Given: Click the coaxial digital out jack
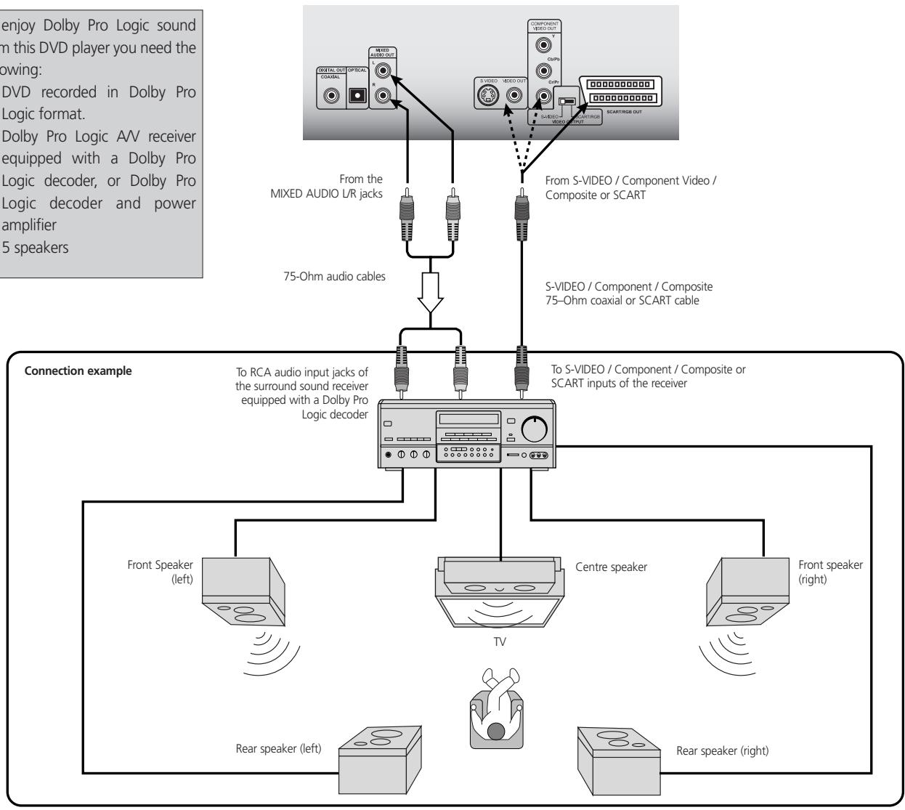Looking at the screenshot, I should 333,95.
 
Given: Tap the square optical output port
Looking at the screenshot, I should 357,95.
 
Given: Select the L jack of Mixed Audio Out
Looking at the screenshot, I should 381,73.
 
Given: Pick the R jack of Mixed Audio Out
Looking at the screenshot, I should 381,94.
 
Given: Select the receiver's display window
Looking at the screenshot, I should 467,419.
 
